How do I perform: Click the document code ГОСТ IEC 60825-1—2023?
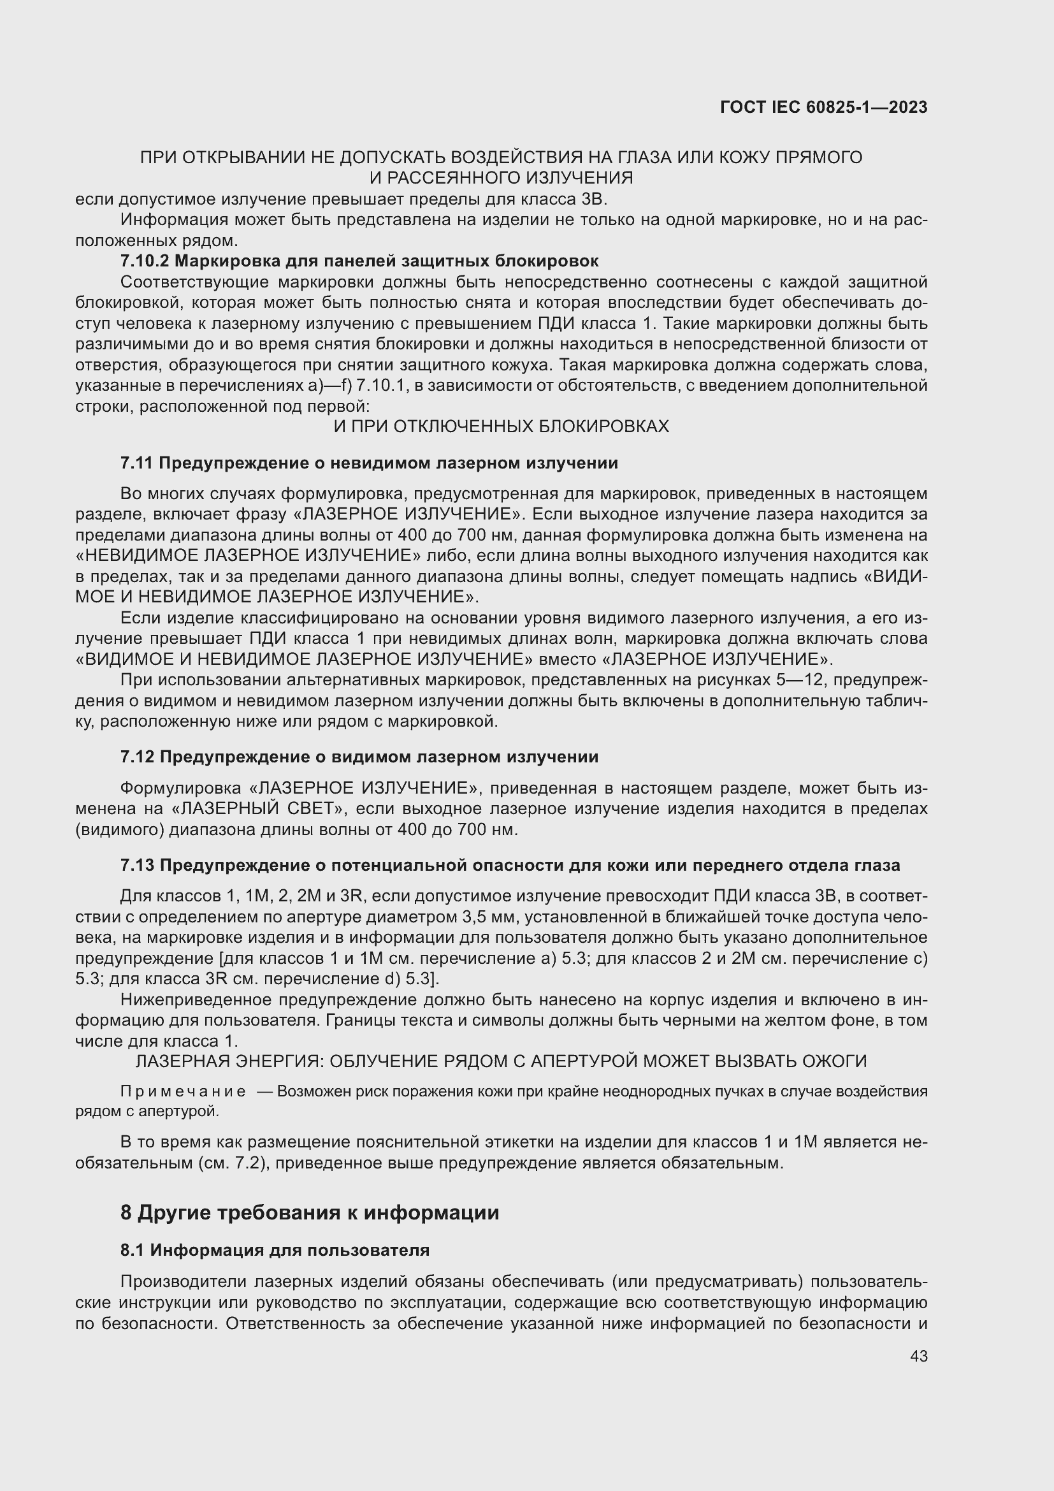coord(823,108)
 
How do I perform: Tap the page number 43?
coord(918,1356)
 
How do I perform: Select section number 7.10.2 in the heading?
coord(145,261)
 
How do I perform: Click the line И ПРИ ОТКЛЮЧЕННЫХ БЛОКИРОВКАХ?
coord(500,426)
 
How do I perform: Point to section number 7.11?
coord(136,463)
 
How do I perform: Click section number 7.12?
coord(137,757)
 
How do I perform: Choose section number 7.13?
coord(137,865)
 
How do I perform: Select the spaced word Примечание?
coord(183,1091)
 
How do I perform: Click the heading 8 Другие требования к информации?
coord(310,1212)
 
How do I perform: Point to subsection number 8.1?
coord(133,1250)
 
